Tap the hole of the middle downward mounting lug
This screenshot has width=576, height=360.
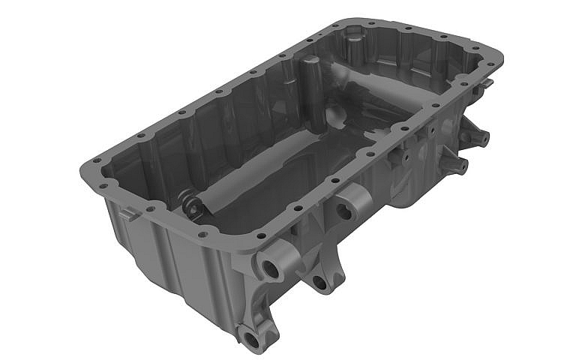[320, 283]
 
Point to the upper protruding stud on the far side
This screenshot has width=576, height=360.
[478, 138]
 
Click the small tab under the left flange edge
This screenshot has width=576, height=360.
[127, 214]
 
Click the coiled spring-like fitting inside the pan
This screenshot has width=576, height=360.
[192, 205]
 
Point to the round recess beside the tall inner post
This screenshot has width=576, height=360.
[337, 115]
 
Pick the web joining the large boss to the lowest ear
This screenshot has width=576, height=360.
[259, 304]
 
